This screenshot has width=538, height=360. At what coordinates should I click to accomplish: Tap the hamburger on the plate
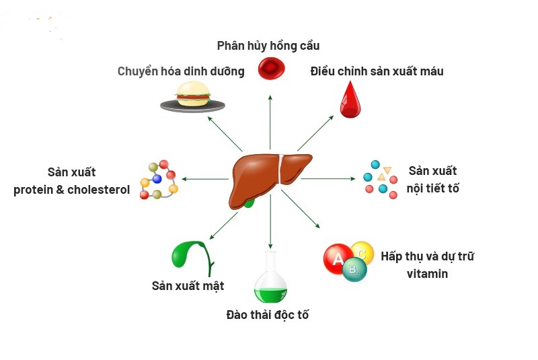[193, 95]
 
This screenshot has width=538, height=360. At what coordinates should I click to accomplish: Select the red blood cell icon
[271, 68]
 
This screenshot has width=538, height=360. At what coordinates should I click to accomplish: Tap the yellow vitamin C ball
[362, 254]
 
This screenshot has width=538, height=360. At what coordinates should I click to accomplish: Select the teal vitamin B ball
[354, 271]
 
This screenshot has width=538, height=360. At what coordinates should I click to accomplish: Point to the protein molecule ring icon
[159, 180]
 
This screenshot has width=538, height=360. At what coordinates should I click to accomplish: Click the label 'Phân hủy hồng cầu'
[268, 46]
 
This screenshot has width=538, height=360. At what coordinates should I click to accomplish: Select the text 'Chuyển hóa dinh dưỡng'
[181, 71]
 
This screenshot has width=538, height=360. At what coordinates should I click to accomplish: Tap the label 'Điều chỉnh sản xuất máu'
[377, 71]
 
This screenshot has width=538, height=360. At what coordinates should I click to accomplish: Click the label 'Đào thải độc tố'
[268, 315]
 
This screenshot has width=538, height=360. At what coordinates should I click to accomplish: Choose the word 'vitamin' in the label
[427, 274]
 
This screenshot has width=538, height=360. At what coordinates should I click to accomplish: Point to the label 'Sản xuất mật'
[188, 286]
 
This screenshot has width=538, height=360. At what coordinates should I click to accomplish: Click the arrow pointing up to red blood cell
[270, 121]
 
